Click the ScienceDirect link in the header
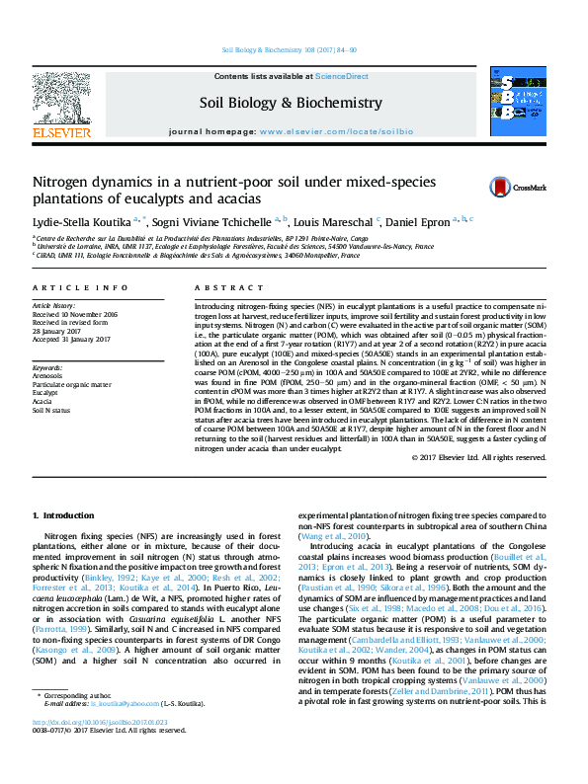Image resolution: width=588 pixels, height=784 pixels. coord(342,76)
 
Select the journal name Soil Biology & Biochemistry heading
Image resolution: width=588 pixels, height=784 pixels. coord(291,103)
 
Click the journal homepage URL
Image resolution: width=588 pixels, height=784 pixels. coord(332,130)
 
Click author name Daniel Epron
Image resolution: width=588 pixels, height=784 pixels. coord(422,220)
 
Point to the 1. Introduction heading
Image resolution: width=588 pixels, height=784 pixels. coord(64,515)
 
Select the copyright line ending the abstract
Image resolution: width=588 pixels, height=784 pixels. coord(476,485)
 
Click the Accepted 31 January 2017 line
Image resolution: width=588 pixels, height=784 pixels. coord(72,338)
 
